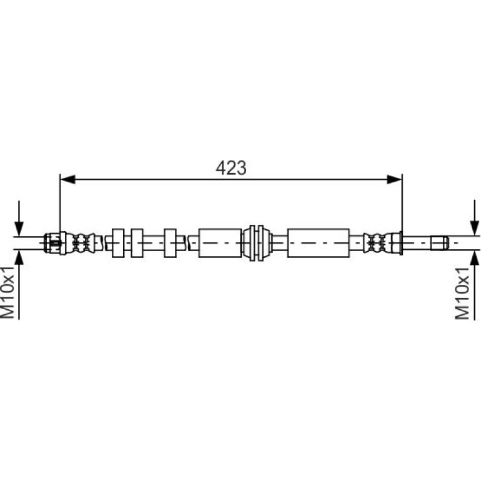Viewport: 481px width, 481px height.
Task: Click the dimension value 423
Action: [x=231, y=168]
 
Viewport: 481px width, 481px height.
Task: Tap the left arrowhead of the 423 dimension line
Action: [x=67, y=179]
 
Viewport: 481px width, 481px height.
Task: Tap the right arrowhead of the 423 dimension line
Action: [x=394, y=179]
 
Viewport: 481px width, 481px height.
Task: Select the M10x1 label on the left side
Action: [x=7, y=292]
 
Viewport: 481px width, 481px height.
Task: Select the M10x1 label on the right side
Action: [x=462, y=293]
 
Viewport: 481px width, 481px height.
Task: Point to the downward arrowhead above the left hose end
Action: [x=19, y=229]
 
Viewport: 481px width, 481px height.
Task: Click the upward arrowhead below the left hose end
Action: [x=19, y=257]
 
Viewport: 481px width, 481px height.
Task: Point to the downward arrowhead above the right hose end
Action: [x=475, y=229]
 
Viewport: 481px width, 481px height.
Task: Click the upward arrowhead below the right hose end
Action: [x=475, y=257]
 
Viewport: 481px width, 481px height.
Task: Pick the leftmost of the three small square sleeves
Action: [x=118, y=243]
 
